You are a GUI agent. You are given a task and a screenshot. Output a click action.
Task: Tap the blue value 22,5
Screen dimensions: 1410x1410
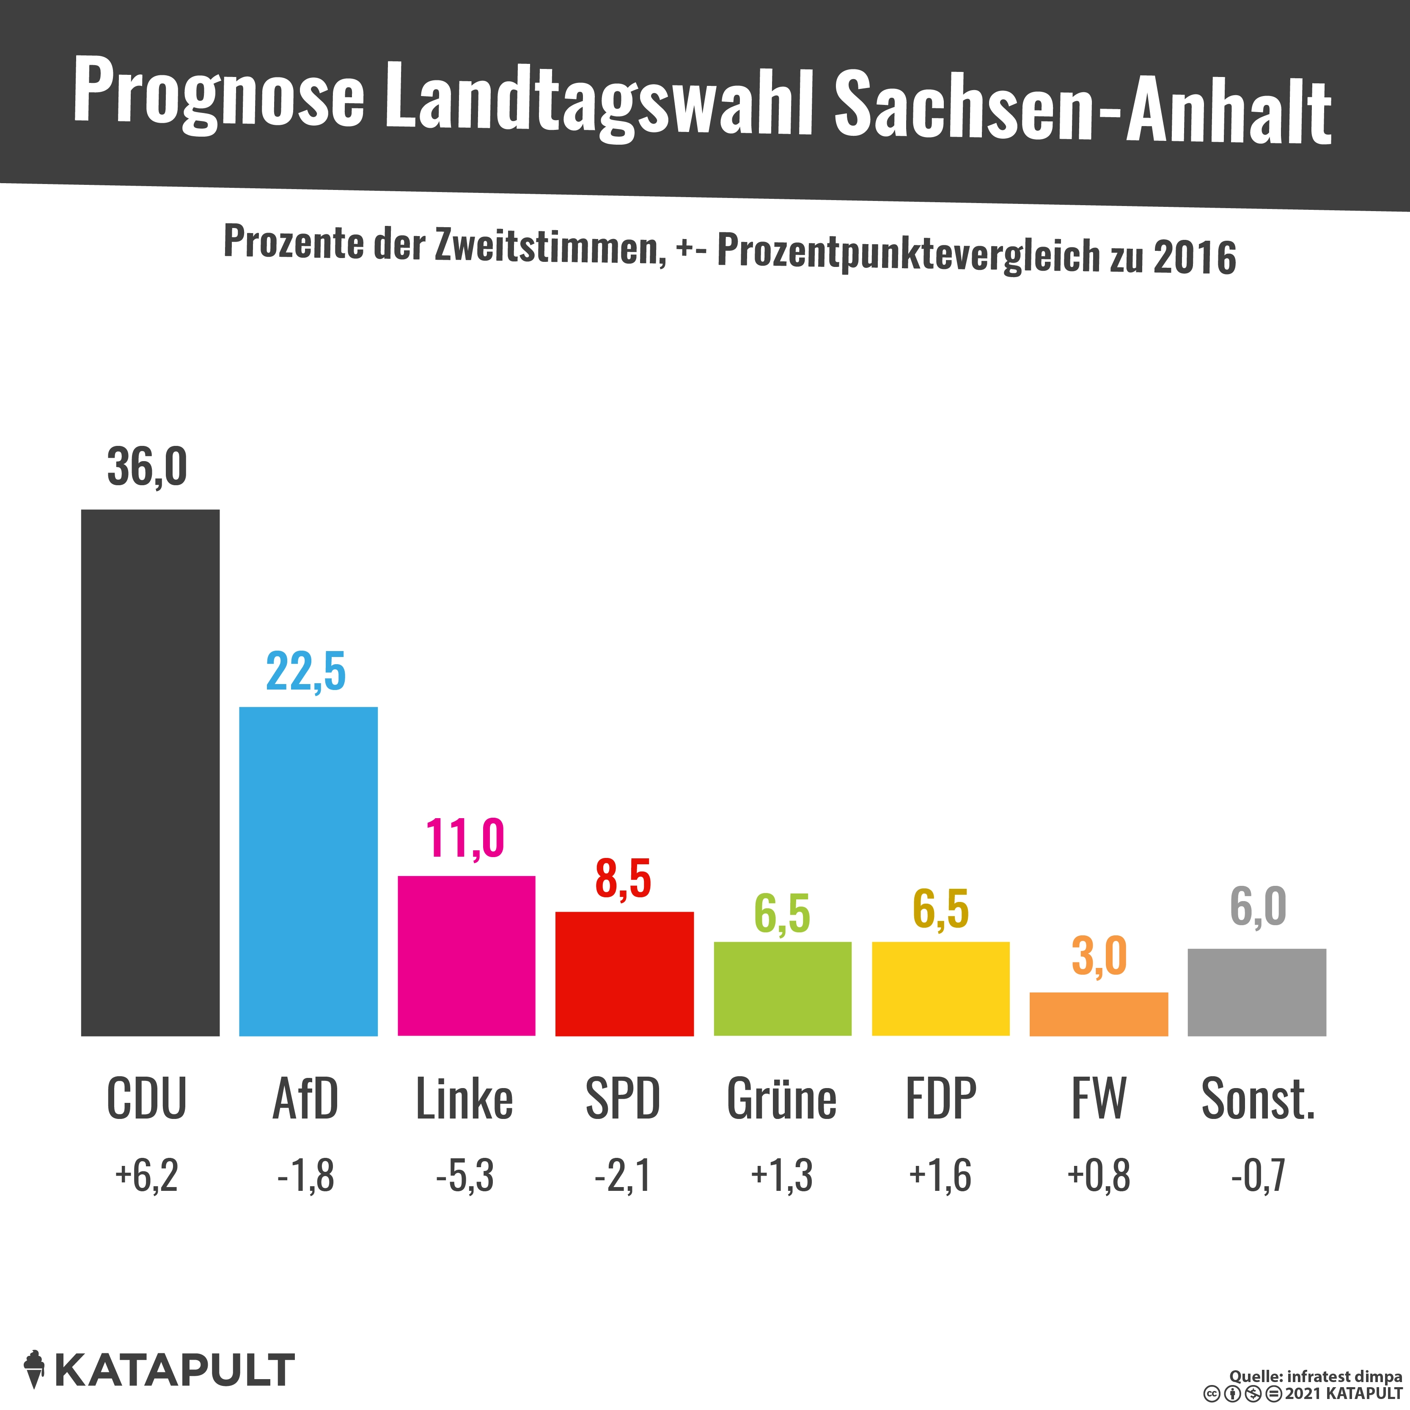(306, 671)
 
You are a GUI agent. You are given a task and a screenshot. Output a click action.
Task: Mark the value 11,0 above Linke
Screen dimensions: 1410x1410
(465, 838)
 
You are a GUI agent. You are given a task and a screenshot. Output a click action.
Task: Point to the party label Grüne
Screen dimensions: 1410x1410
(782, 1099)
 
